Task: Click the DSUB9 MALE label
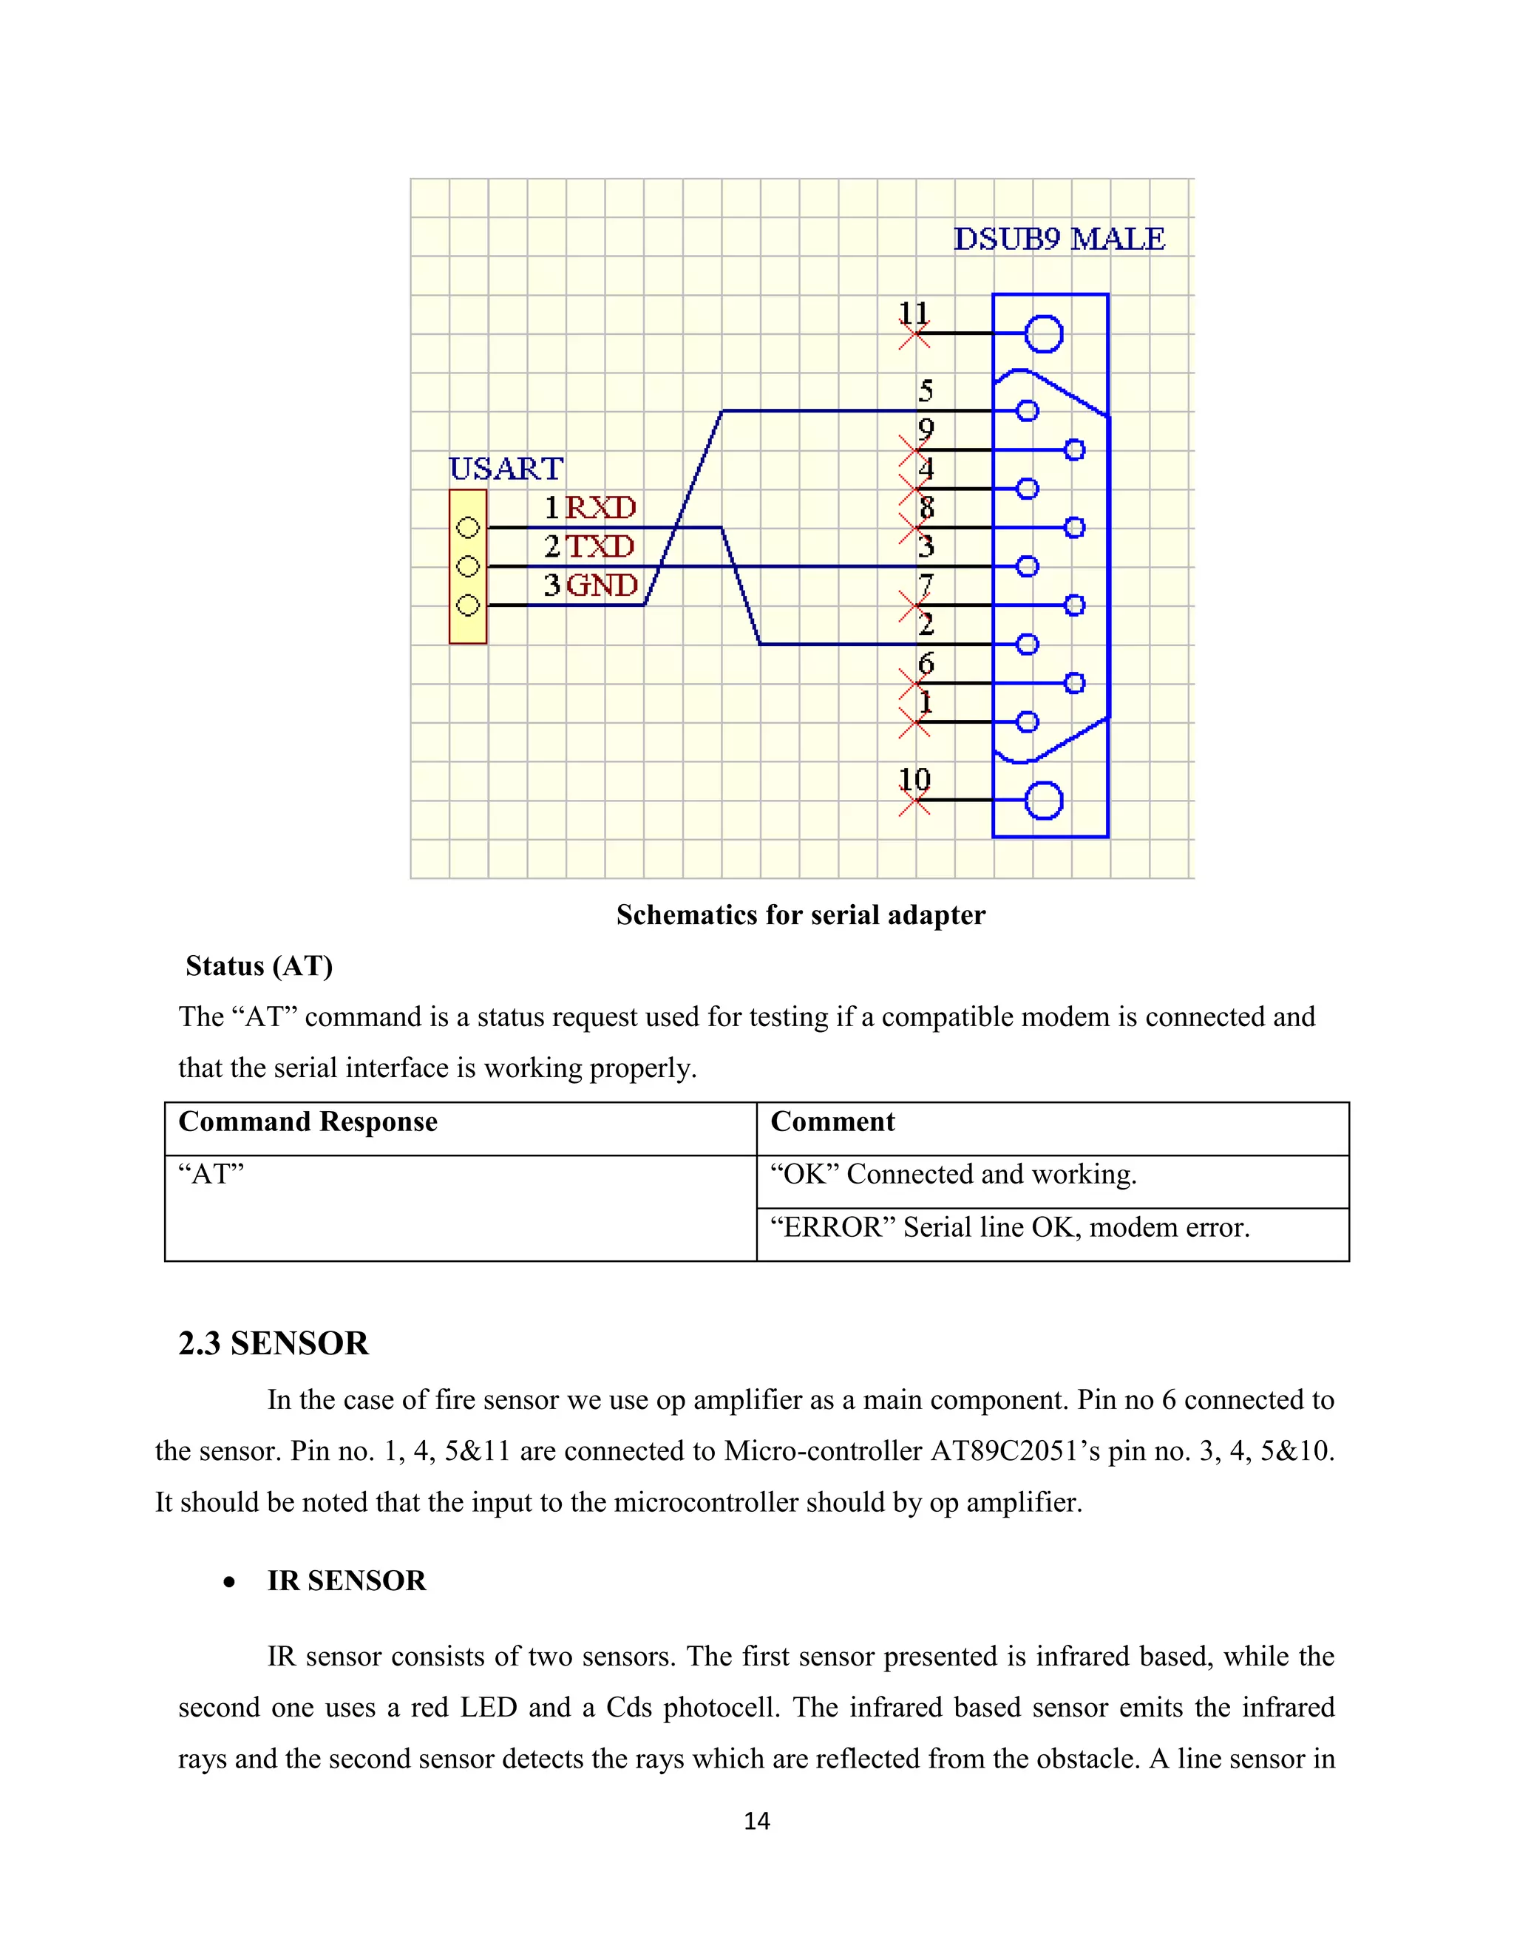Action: [1059, 240]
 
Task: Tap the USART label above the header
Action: [506, 469]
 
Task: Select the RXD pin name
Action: [600, 509]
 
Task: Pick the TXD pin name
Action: [599, 547]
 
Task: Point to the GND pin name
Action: [602, 585]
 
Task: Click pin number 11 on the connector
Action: [913, 313]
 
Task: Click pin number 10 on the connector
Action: [914, 779]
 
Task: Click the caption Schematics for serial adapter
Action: [800, 915]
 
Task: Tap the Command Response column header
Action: [308, 1122]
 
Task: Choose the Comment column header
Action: [832, 1122]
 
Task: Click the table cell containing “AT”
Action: [211, 1174]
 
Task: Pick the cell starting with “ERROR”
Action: [1009, 1227]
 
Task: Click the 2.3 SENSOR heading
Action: [274, 1344]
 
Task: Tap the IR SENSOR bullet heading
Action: [346, 1581]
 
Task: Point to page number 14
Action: [757, 1821]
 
